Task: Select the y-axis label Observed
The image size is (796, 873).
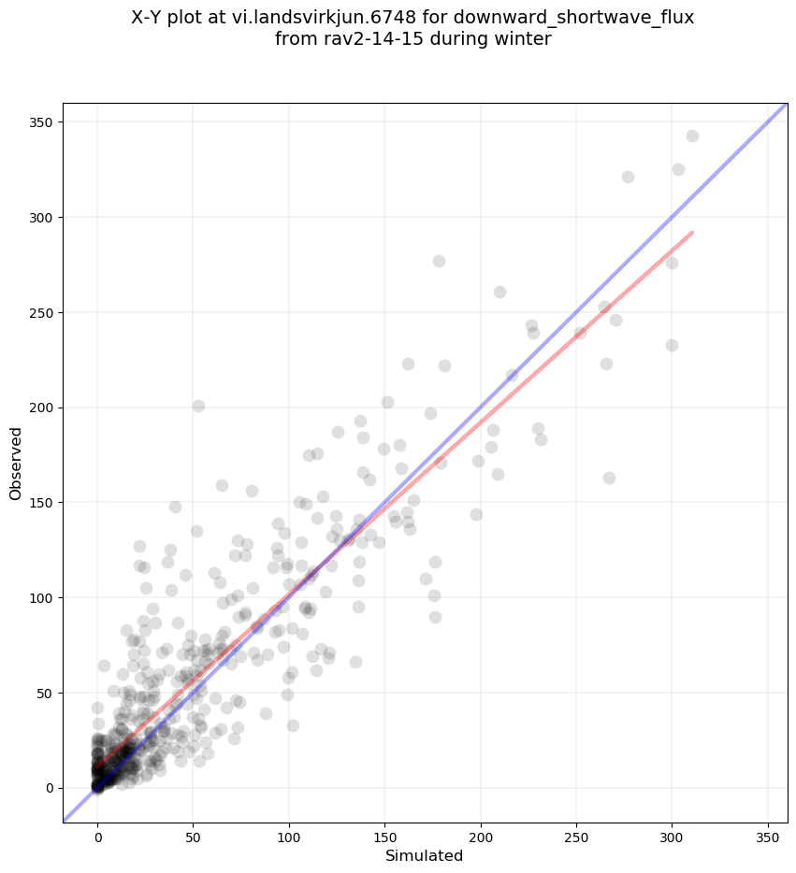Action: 16,463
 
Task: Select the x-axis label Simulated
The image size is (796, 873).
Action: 425,855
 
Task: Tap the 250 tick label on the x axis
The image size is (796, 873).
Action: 576,834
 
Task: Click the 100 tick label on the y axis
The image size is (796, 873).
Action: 42,597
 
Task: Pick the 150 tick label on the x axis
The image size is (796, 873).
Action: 384,834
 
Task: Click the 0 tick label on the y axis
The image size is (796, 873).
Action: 49,788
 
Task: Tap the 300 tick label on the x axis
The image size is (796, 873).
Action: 672,834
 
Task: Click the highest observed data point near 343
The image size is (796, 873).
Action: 692,136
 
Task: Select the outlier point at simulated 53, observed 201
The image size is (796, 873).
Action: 198,406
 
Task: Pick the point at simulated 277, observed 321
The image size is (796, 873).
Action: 628,177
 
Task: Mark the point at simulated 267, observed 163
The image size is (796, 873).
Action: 609,478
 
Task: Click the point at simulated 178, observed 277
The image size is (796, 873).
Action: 439,261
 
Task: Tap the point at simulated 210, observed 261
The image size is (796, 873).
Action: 499,292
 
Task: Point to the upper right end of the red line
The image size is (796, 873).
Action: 691,233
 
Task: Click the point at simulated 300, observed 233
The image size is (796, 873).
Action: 672,345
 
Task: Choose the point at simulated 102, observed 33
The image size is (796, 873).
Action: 293,725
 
